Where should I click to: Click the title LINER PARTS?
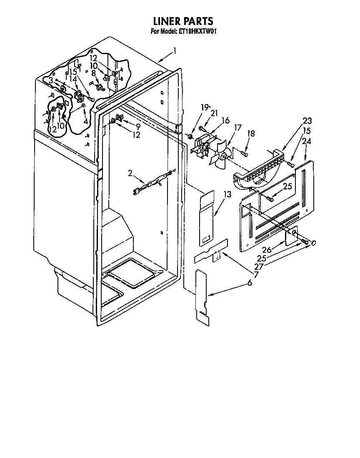183,21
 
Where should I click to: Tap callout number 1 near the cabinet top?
175,51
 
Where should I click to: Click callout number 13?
227,194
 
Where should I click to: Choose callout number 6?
250,283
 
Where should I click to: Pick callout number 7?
256,275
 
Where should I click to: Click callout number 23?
307,121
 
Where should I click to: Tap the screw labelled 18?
245,154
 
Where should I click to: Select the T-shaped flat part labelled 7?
212,252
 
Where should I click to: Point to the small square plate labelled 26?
292,236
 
